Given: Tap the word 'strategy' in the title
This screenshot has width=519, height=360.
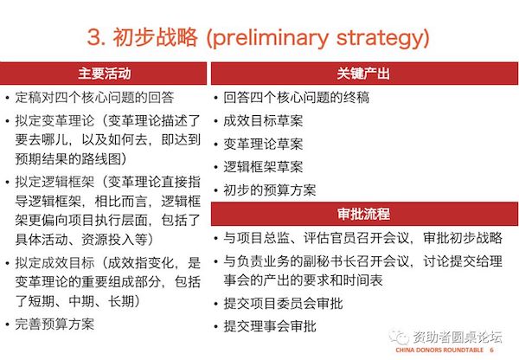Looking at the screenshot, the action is click(x=380, y=38).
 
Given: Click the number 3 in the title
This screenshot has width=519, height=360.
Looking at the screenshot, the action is click(x=93, y=36).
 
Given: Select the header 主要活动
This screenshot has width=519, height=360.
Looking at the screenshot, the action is click(x=105, y=74).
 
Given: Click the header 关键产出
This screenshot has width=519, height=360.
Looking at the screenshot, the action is click(x=363, y=74).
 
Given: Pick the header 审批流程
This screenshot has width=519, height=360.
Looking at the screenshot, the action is click(x=363, y=214).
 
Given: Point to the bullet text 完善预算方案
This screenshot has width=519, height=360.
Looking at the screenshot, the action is click(x=54, y=324).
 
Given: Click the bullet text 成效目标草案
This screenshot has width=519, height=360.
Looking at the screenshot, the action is click(x=263, y=120).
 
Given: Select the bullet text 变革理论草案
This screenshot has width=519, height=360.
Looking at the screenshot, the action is click(x=263, y=144).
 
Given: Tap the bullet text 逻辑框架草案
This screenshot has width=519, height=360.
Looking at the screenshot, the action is click(x=263, y=167).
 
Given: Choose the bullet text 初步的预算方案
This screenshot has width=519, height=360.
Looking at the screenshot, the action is click(x=270, y=190).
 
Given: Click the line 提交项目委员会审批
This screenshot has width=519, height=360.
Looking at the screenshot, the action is click(x=283, y=304).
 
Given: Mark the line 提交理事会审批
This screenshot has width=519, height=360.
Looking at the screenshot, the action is click(x=270, y=326).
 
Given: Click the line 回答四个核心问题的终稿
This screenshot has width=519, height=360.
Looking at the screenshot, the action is click(x=296, y=98).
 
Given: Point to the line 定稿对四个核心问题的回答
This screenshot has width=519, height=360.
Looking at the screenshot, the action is click(x=94, y=98).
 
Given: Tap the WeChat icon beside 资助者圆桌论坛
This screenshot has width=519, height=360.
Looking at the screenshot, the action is click(x=399, y=337).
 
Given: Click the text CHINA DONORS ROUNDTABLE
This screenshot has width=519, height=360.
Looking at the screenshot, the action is click(x=439, y=350).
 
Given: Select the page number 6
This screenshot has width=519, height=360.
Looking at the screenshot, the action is click(x=492, y=350).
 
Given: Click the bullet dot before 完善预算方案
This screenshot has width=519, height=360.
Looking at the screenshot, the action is click(x=7, y=325).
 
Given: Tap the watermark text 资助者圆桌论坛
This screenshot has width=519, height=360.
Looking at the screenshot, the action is click(x=457, y=337).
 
